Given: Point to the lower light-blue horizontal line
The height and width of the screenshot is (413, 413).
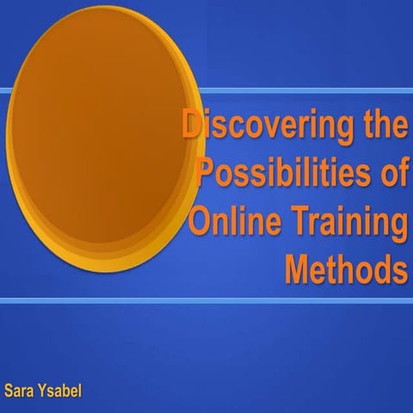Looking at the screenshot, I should click(206, 300).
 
